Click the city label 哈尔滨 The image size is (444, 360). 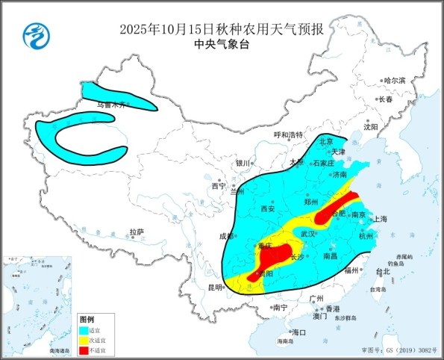pos(394,80)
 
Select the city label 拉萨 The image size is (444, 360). pos(136,232)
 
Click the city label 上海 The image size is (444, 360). pos(380,219)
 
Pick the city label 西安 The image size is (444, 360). pos(266,209)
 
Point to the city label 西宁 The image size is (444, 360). pos(218,186)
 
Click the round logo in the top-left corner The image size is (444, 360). pos(34,34)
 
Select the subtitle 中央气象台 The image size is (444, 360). pos(222,45)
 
